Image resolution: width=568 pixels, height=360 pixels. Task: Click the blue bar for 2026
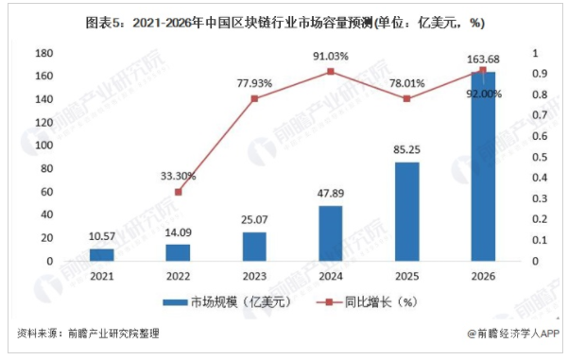click(482, 166)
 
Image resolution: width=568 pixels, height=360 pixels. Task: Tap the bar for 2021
click(101, 255)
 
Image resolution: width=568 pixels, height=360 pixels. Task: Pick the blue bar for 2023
click(254, 247)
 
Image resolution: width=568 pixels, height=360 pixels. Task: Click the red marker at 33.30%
click(178, 192)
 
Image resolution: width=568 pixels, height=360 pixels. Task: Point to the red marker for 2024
click(330, 71)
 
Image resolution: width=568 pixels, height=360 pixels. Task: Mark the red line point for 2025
click(406, 98)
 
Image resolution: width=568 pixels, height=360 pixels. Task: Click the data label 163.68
click(482, 60)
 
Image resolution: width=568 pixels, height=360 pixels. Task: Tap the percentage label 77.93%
click(253, 83)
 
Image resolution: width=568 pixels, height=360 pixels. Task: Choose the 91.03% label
click(330, 56)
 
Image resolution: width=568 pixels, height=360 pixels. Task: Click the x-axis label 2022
click(178, 275)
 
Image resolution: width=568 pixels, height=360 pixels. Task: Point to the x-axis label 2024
click(330, 275)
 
